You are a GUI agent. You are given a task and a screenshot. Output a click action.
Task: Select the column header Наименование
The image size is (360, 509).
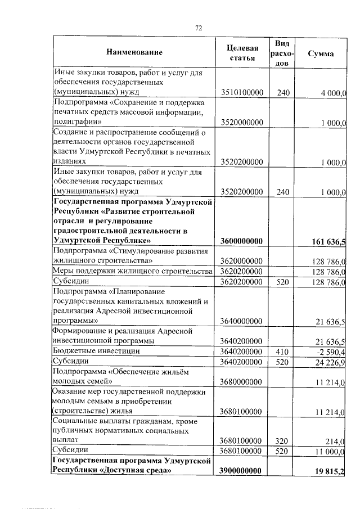[x=134, y=53]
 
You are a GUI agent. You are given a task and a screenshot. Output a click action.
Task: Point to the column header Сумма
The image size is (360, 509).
[x=321, y=53]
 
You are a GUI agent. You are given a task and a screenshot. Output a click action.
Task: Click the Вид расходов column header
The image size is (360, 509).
[x=283, y=53]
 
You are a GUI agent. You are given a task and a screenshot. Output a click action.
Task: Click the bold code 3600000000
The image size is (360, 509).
[x=242, y=241]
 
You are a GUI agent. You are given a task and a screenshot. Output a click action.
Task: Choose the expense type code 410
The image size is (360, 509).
[x=283, y=351]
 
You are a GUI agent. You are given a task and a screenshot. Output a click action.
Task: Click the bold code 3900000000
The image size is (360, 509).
[x=242, y=471]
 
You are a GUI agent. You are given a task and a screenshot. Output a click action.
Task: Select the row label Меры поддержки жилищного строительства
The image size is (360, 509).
[x=132, y=272]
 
